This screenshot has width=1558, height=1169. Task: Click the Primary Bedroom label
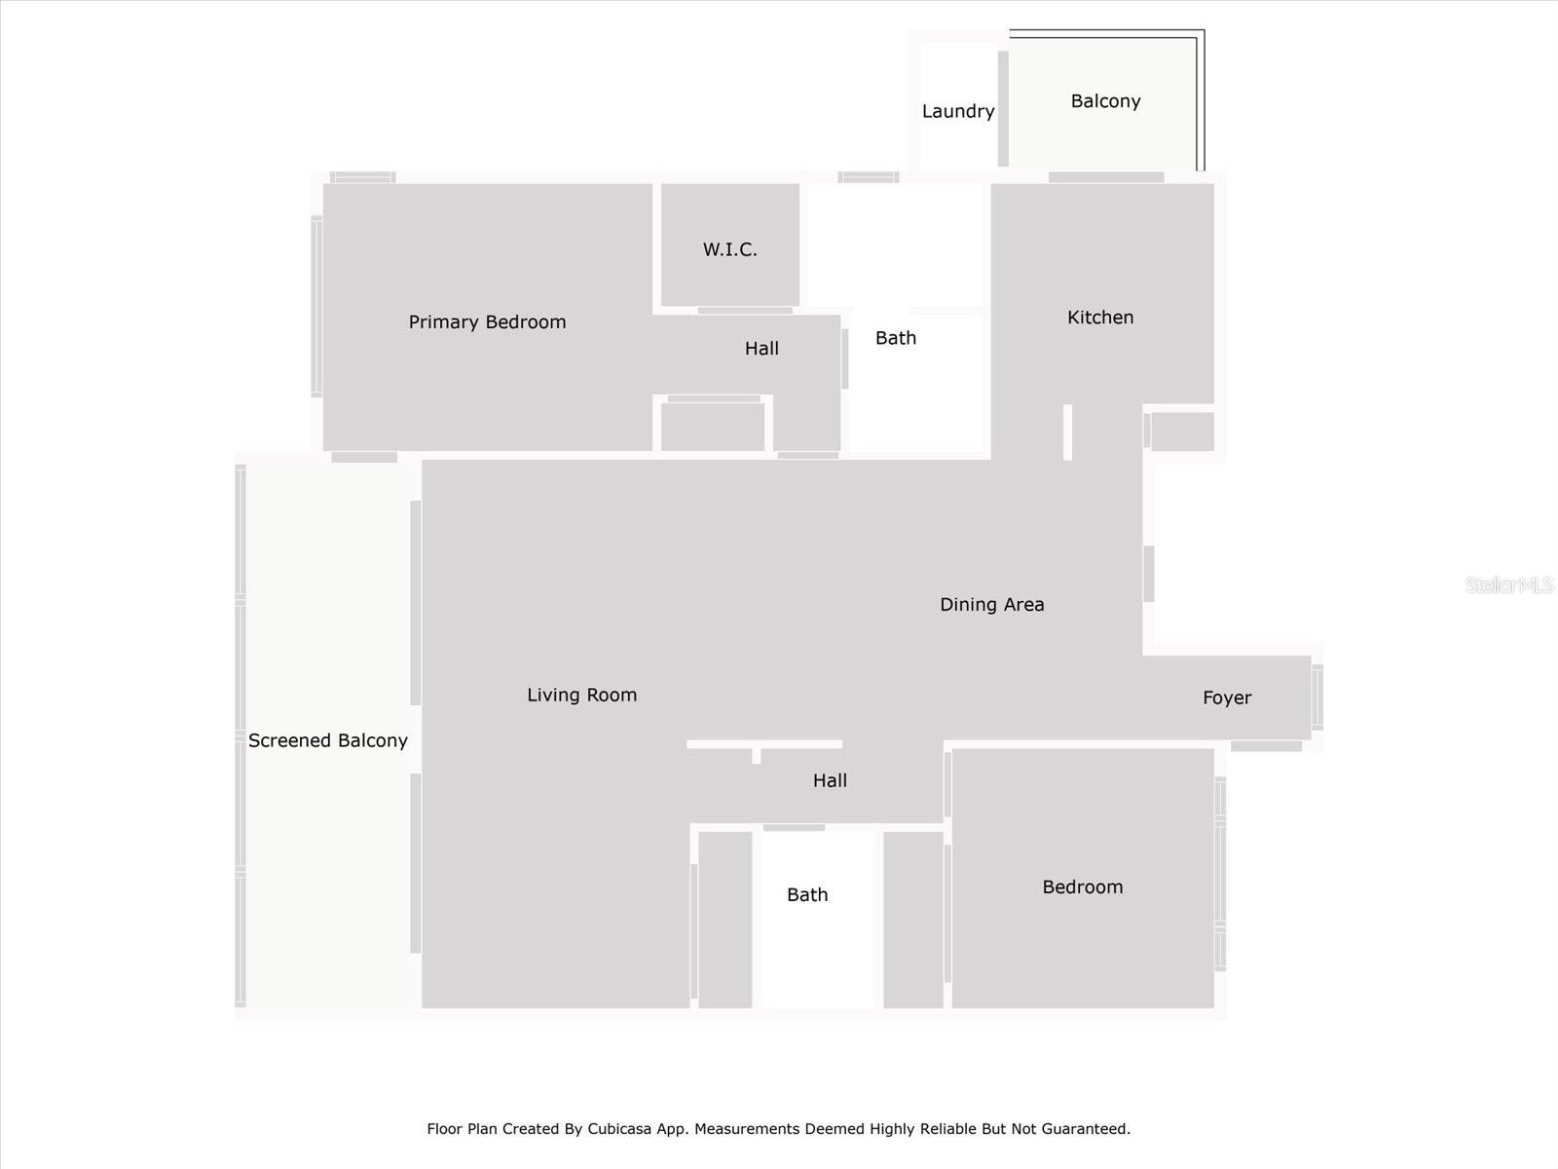click(x=487, y=322)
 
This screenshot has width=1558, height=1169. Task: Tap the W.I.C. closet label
click(x=729, y=249)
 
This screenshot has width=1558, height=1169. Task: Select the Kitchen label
click(x=1100, y=318)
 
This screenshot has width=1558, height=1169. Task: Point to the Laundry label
click(x=958, y=111)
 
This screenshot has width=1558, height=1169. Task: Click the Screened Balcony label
click(x=328, y=740)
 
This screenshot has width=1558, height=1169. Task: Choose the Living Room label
click(x=582, y=695)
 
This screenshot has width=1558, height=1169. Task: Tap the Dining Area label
click(x=991, y=605)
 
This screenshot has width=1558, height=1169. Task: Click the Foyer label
click(x=1227, y=698)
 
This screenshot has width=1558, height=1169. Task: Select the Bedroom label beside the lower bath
click(x=1083, y=887)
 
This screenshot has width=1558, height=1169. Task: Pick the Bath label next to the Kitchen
click(x=896, y=338)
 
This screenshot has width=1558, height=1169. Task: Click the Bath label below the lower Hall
click(x=807, y=894)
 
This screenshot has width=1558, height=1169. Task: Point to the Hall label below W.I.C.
click(x=761, y=349)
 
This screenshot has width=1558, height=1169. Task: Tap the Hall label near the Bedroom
click(x=830, y=780)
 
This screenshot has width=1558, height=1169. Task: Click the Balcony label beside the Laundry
click(x=1105, y=101)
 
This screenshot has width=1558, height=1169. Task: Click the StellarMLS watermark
click(x=1509, y=584)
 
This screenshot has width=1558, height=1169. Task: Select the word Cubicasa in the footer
click(x=617, y=1128)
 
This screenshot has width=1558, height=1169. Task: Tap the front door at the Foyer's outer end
click(x=1317, y=697)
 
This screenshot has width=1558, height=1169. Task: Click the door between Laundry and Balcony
click(x=1003, y=108)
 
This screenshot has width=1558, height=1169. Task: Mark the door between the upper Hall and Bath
click(x=844, y=358)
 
